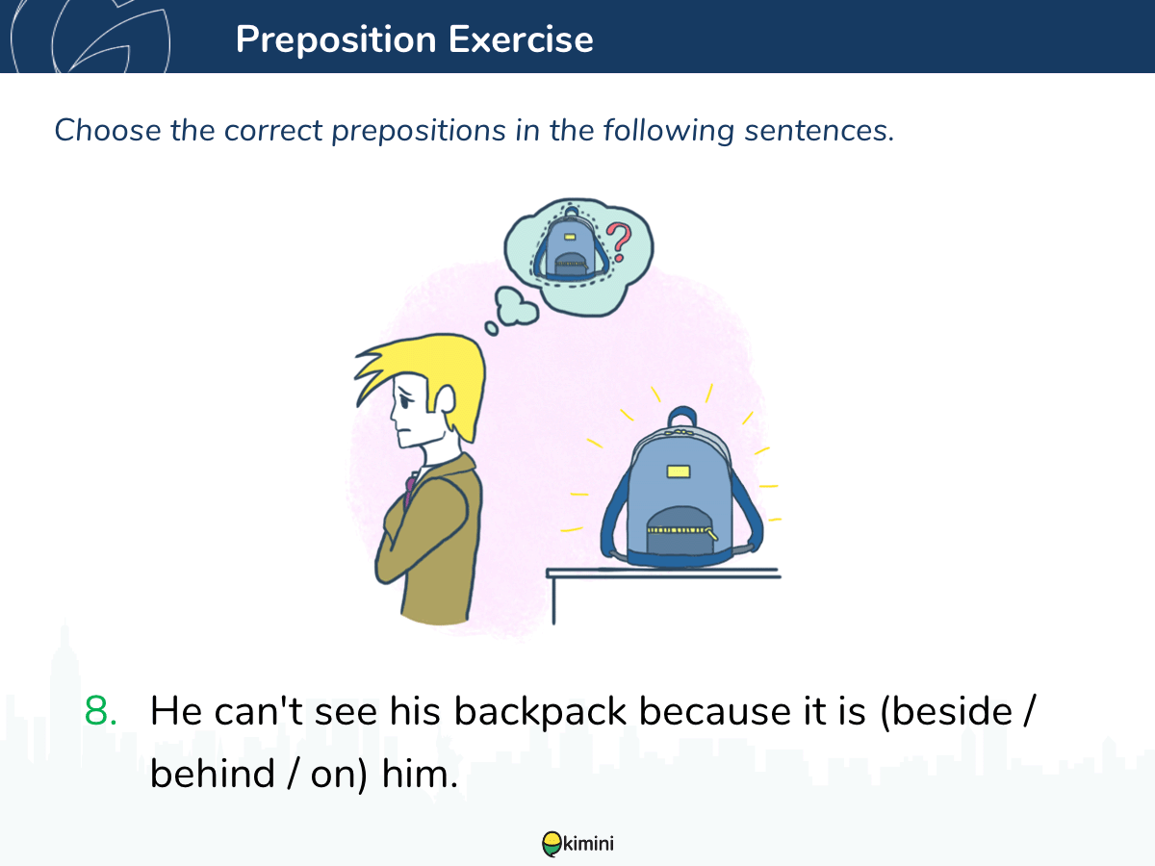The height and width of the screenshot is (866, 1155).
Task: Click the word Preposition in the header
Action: (336, 40)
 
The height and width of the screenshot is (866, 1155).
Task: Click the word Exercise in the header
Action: (521, 39)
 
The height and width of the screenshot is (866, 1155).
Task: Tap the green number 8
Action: (100, 711)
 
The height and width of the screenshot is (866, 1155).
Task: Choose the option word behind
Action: (213, 773)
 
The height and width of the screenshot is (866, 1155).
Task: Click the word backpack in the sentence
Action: (540, 711)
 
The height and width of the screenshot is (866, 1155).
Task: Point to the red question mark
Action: (619, 242)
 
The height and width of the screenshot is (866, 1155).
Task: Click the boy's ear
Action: (446, 399)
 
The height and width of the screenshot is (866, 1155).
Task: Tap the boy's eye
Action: (405, 401)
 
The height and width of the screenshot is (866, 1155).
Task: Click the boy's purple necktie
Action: (410, 489)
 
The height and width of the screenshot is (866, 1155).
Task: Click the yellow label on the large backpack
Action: (679, 471)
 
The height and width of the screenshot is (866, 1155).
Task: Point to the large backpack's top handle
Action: (682, 416)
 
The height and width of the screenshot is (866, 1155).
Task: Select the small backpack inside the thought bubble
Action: (571, 244)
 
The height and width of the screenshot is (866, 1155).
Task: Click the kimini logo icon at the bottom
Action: (552, 844)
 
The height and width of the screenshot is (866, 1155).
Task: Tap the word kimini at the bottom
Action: (588, 844)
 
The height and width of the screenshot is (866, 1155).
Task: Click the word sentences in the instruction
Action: (819, 131)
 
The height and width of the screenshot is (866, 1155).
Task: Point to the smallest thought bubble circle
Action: (492, 329)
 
